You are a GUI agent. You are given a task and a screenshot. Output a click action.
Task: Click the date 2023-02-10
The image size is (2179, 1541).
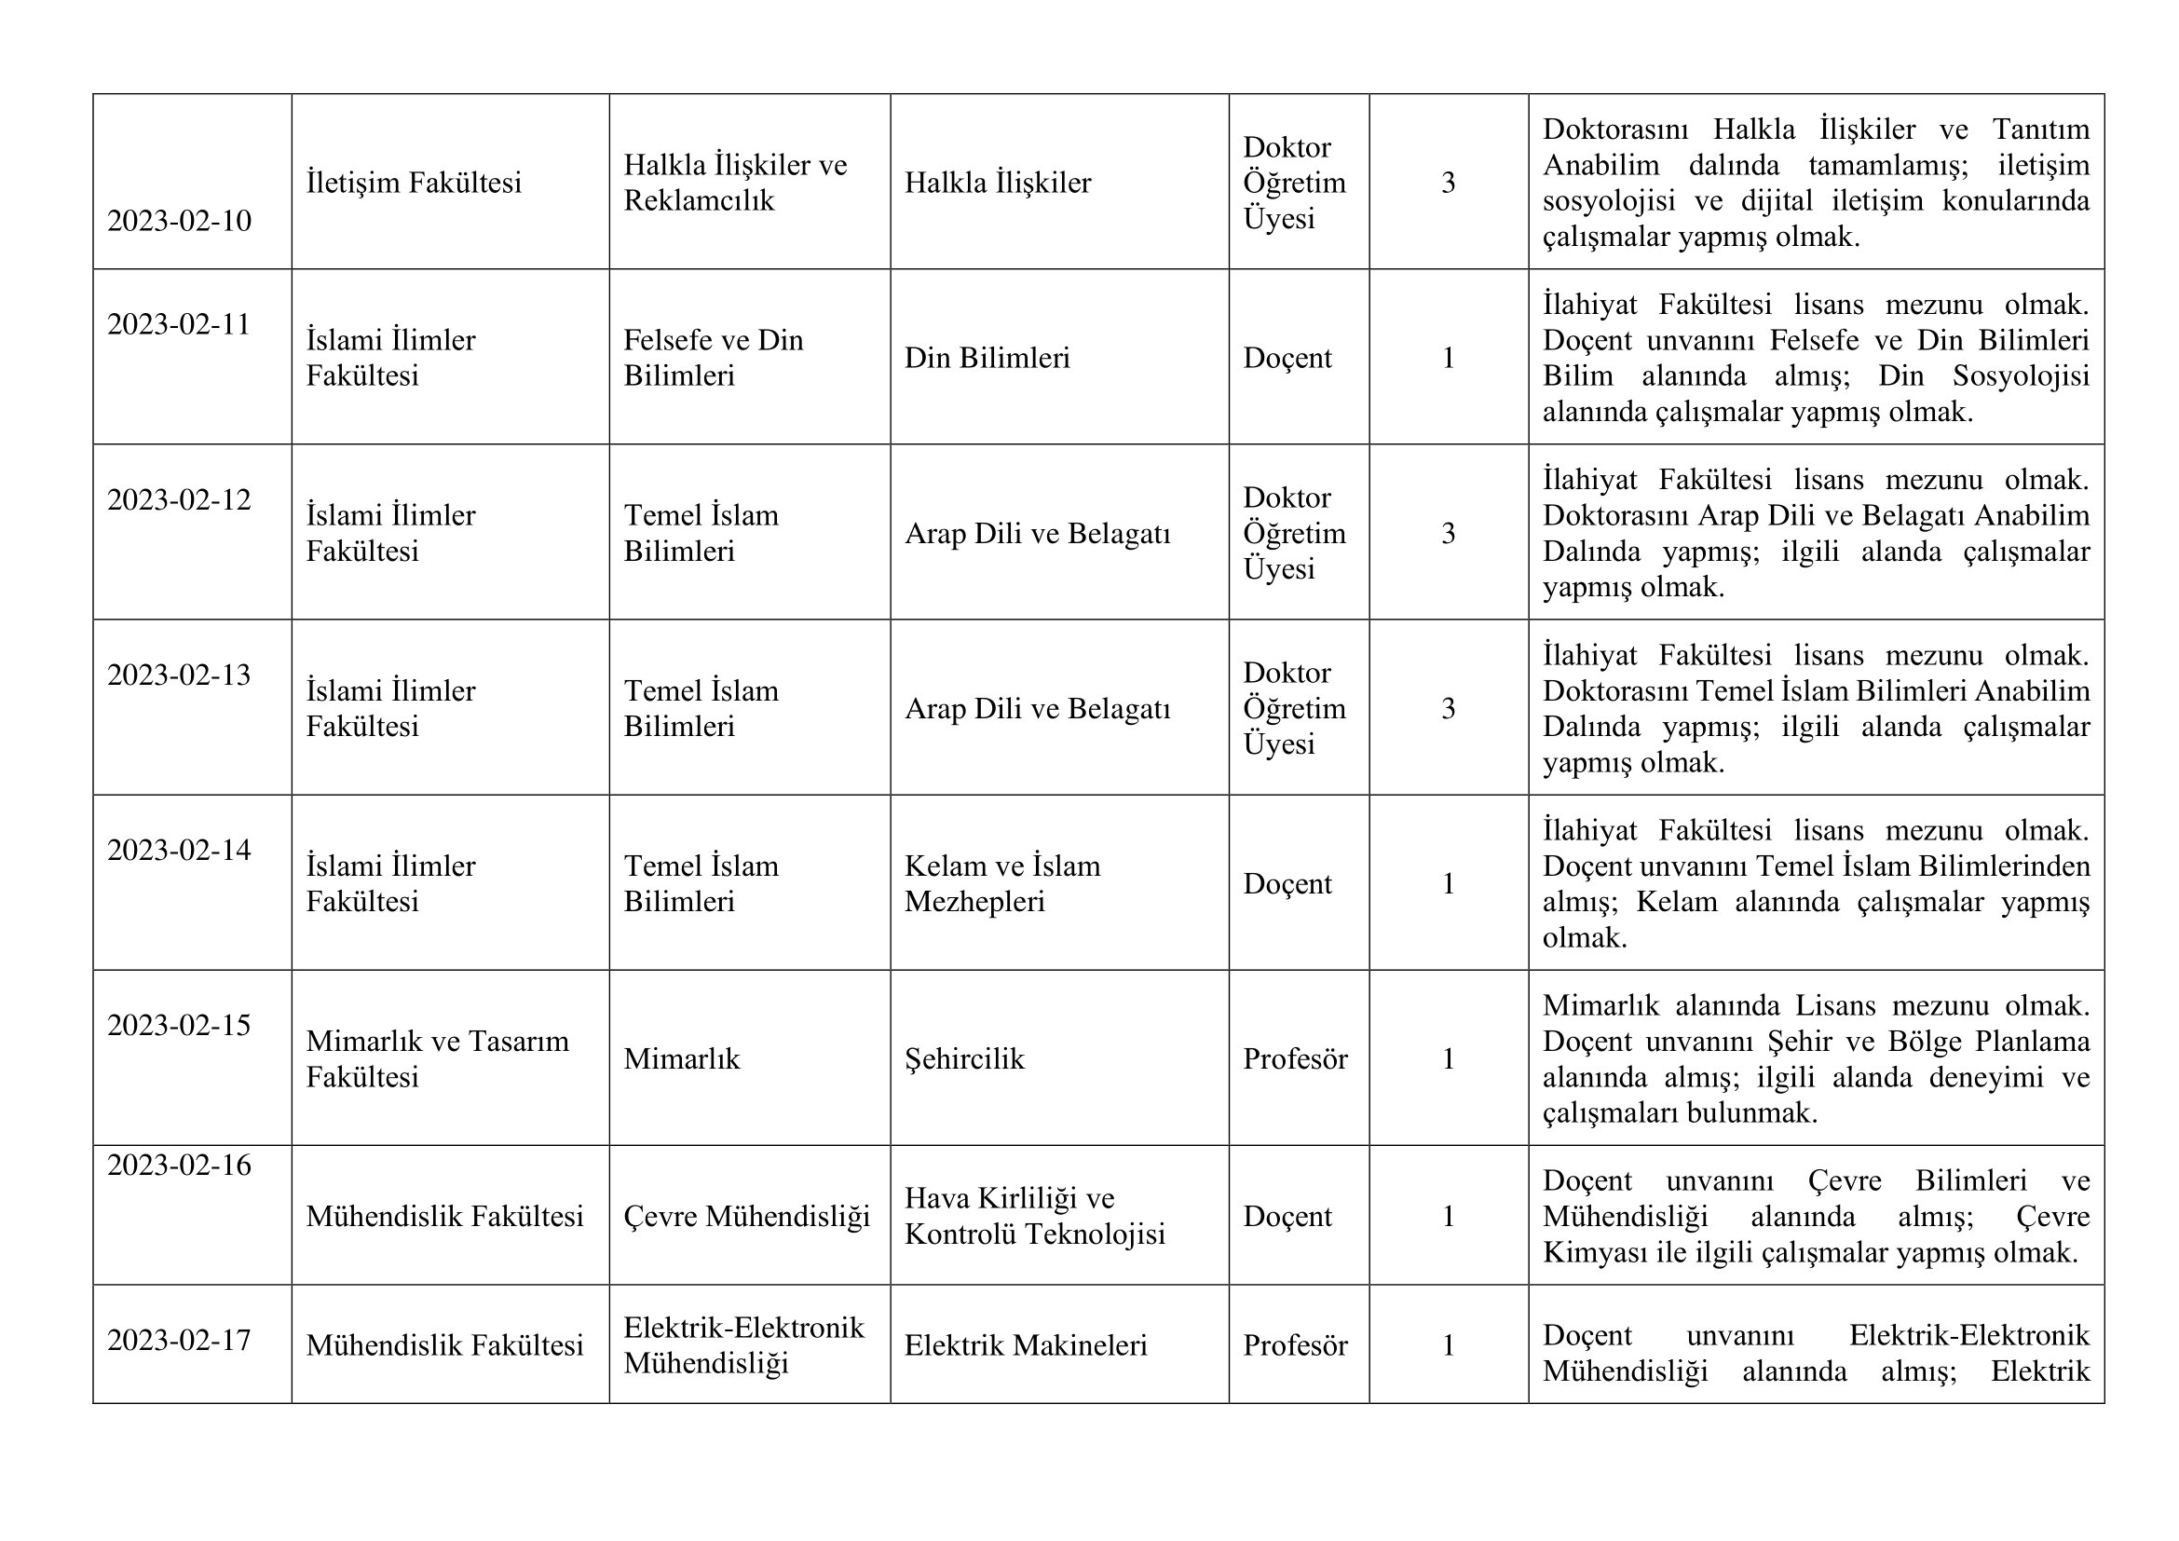point(179,221)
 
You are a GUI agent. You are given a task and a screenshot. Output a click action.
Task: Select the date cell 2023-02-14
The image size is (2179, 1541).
point(179,851)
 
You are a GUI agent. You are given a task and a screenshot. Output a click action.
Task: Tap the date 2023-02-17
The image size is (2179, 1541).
point(179,1341)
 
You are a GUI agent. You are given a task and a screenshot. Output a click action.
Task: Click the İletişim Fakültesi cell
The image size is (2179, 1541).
point(413,183)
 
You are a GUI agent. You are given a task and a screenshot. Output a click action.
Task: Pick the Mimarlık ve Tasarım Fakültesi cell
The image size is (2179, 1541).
point(437,1059)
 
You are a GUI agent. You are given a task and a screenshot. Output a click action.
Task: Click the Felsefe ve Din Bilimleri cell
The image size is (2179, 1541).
point(713,358)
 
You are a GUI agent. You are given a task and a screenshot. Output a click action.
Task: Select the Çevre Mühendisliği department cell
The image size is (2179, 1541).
point(746,1217)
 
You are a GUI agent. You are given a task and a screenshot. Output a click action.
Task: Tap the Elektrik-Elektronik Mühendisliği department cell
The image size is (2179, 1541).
point(743,1345)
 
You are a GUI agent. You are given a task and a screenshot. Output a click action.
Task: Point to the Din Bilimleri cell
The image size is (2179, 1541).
point(986,358)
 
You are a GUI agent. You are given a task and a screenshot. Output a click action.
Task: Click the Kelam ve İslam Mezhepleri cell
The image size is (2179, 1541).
point(1001,883)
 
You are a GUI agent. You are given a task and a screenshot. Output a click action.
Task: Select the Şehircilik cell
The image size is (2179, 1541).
point(964,1059)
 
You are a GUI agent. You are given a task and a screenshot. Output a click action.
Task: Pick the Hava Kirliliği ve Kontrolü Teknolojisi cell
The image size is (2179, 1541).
point(1033,1217)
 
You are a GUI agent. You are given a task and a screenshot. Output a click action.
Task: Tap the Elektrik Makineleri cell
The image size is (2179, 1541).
point(1025,1345)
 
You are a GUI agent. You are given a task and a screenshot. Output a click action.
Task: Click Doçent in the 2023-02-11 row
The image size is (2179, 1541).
point(1287,358)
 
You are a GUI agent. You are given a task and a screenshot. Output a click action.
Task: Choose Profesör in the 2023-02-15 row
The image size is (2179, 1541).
point(1295,1059)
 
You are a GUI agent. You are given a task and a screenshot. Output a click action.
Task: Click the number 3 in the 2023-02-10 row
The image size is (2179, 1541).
point(1448,183)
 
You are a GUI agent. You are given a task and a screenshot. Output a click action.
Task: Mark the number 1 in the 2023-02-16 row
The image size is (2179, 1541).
point(1448,1217)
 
